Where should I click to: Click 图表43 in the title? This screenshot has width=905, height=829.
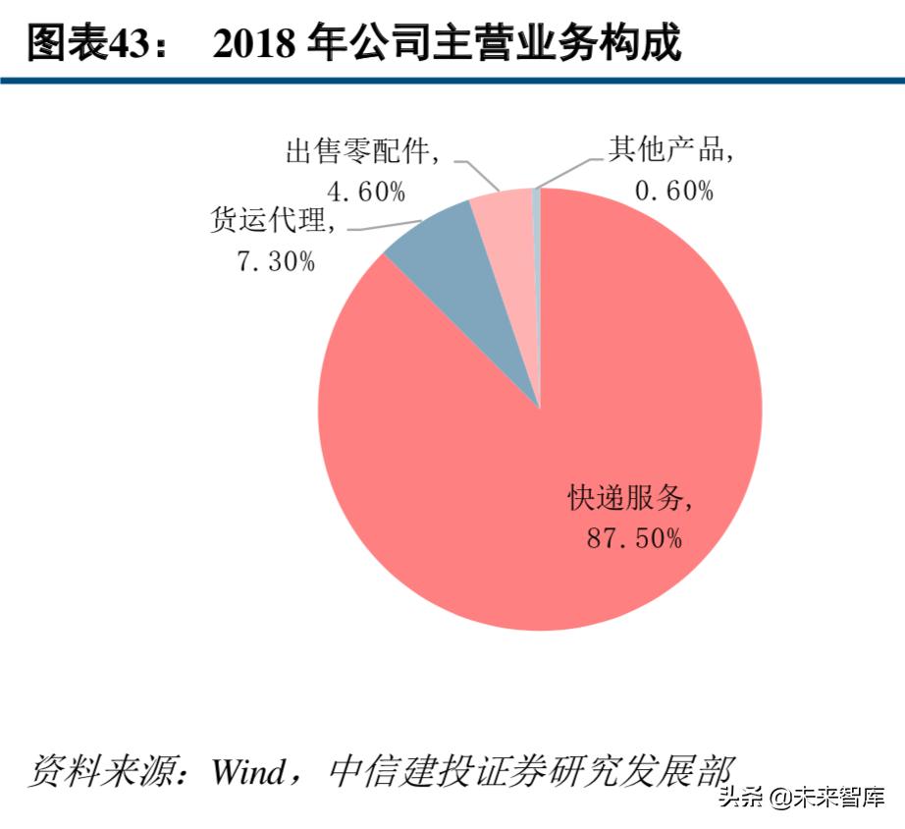pyautogui.click(x=84, y=44)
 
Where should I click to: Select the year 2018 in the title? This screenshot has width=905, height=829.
pyautogui.click(x=256, y=44)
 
